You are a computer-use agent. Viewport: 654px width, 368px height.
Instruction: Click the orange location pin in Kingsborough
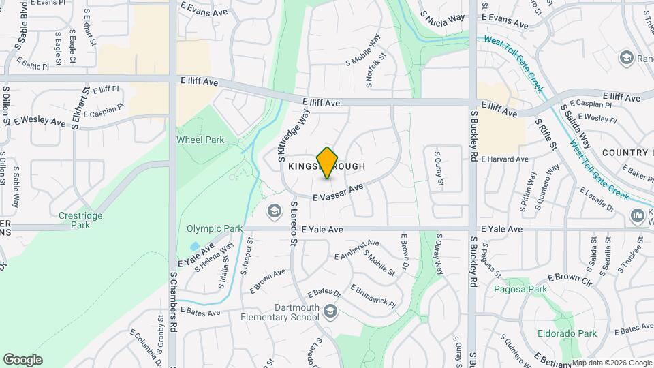[x=328, y=162]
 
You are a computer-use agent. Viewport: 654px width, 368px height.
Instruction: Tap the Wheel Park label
[x=200, y=140]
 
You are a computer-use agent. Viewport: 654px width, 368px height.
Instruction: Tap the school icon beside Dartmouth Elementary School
[x=331, y=311]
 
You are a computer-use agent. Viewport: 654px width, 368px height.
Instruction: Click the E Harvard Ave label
[x=505, y=159]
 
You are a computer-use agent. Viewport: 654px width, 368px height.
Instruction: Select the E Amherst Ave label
[x=357, y=249]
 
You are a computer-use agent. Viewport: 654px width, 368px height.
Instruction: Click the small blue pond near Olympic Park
[x=196, y=246]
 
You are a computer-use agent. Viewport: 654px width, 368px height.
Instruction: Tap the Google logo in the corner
[x=22, y=360]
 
